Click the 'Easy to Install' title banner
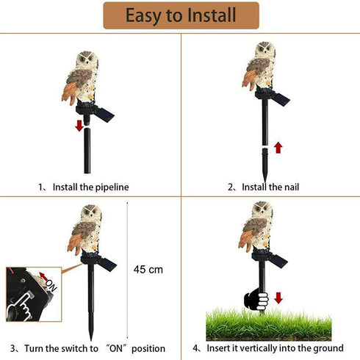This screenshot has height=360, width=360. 181,15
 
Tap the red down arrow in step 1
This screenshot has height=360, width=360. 79,125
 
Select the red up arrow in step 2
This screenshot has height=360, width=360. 278,147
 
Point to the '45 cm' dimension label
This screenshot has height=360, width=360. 148,270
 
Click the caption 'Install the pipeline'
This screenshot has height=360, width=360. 83,187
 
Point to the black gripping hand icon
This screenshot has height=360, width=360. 254,299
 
